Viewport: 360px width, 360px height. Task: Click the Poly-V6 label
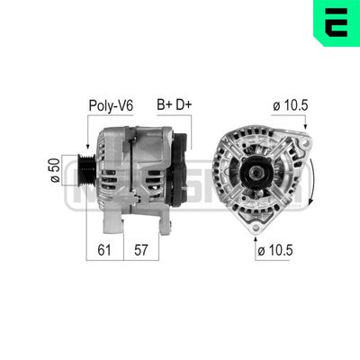coord(111,104)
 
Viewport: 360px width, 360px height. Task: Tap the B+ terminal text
coord(165,104)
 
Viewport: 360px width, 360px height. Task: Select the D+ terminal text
coord(184,104)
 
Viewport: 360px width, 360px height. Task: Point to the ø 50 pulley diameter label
coord(55,168)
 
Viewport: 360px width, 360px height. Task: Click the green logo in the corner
coord(337,22)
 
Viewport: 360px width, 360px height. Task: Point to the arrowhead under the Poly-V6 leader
coord(86,146)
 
